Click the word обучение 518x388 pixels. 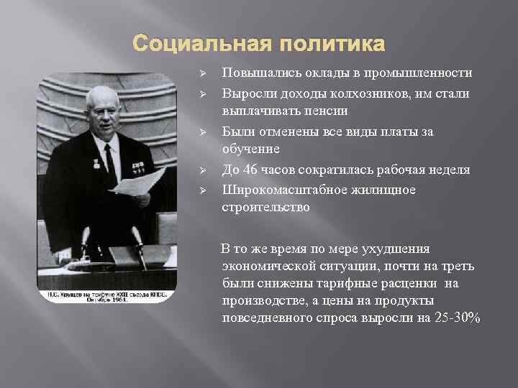[x=251, y=150]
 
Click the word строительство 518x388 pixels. [x=266, y=208]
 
